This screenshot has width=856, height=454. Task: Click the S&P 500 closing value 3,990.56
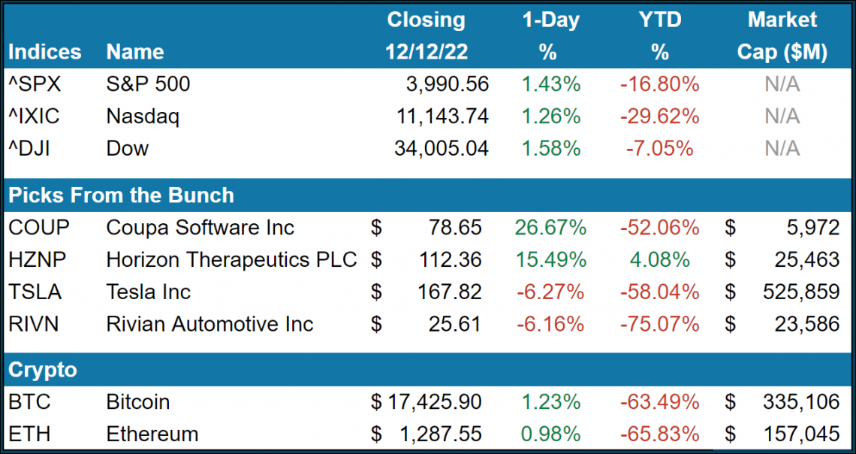pyautogui.click(x=442, y=84)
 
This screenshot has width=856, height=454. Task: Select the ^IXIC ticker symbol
pyautogui.click(x=33, y=117)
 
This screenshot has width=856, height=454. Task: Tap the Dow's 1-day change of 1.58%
pyautogui.click(x=550, y=149)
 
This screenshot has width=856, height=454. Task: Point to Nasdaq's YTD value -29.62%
pyautogui.click(x=659, y=117)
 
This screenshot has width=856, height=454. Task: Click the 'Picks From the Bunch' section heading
pyautogui.click(x=121, y=195)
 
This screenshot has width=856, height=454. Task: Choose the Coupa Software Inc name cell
pyautogui.click(x=200, y=228)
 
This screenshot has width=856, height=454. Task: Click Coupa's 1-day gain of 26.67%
pyautogui.click(x=550, y=228)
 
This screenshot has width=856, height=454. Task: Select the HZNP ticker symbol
pyautogui.click(x=37, y=260)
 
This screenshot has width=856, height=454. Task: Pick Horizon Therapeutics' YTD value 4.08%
pyautogui.click(x=659, y=260)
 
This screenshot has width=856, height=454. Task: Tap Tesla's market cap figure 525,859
pyautogui.click(x=797, y=292)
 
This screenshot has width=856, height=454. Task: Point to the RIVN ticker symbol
pyautogui.click(x=34, y=325)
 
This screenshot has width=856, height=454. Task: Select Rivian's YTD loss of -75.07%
pyautogui.click(x=659, y=325)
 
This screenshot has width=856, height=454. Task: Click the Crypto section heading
pyautogui.click(x=43, y=370)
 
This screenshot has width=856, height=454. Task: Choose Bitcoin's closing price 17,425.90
pyautogui.click(x=433, y=402)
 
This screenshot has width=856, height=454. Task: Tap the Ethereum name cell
pyautogui.click(x=152, y=434)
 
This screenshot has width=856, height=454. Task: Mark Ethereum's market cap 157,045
pyautogui.click(x=797, y=434)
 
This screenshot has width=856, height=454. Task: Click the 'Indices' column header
pyautogui.click(x=45, y=52)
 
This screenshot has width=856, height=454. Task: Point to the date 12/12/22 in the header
pyautogui.click(x=426, y=52)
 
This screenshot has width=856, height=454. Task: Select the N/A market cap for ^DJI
pyautogui.click(x=782, y=149)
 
